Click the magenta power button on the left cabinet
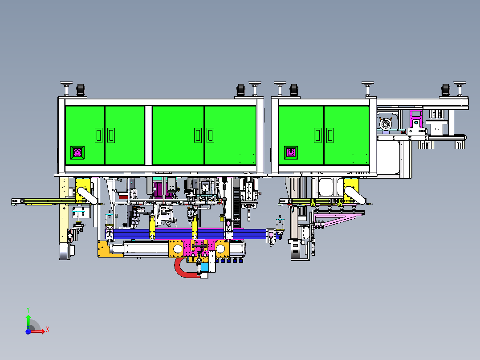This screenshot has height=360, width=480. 77,152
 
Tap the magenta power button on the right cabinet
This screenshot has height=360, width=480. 291,152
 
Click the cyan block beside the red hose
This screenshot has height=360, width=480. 205,267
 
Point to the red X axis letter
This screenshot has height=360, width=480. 48,330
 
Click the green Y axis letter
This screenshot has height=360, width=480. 28,310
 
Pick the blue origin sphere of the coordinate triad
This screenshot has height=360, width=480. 28,331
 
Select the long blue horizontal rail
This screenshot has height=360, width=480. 190,234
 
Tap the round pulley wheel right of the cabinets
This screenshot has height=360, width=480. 386,124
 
